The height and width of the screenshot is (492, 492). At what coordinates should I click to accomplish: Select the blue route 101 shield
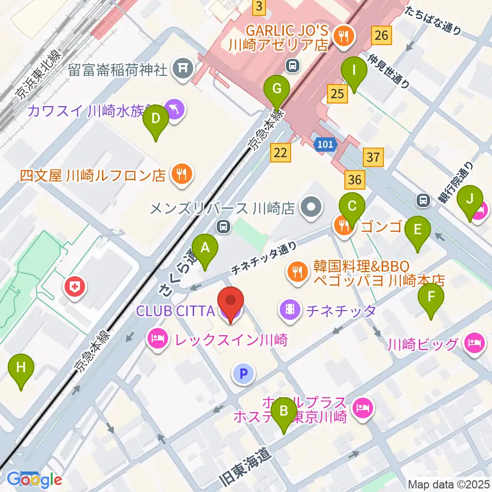click(x=324, y=145)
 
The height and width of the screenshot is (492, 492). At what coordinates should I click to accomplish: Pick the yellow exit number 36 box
click(x=355, y=180)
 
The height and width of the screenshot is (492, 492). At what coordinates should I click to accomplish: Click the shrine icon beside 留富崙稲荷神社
click(x=181, y=69)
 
